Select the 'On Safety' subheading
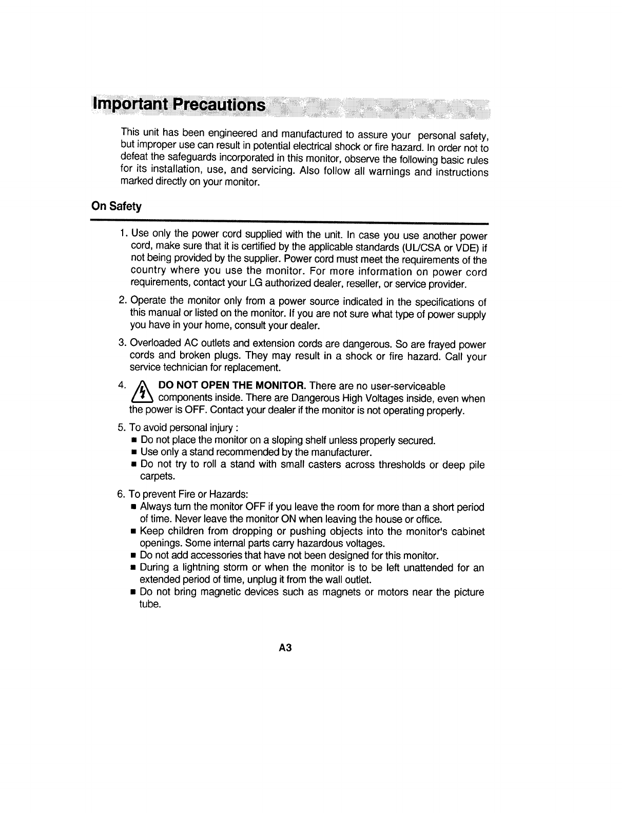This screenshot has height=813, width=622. pyautogui.click(x=116, y=206)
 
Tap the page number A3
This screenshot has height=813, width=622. pyautogui.click(x=285, y=648)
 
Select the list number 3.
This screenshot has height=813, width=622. pyautogui.click(x=122, y=343)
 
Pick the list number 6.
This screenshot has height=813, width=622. pyautogui.click(x=121, y=494)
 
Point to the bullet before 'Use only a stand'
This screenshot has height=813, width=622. pyautogui.click(x=133, y=453)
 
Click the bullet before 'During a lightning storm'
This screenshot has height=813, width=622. pyautogui.click(x=133, y=568)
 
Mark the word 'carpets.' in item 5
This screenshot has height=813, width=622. pyautogui.click(x=154, y=477)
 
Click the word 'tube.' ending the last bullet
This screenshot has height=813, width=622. pyautogui.click(x=150, y=604)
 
